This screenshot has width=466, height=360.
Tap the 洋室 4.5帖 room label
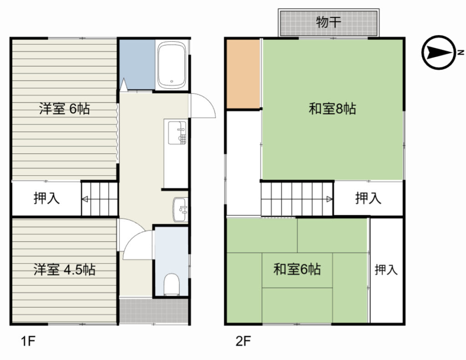[64, 269]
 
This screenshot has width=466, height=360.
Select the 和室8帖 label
[332, 109]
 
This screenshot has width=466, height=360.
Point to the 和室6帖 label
[297, 269]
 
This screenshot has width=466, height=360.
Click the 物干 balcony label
[329, 22]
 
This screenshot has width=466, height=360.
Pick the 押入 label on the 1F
[46, 198]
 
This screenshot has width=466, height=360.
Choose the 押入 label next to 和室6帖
[386, 270]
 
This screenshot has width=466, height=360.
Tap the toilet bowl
[171, 285]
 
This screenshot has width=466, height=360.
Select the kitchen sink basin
[177, 133]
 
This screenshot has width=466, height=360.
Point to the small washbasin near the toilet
[180, 210]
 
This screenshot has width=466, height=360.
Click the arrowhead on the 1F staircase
[85, 198]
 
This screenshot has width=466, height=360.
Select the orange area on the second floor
[243, 74]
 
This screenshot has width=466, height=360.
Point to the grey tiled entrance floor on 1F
[153, 310]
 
